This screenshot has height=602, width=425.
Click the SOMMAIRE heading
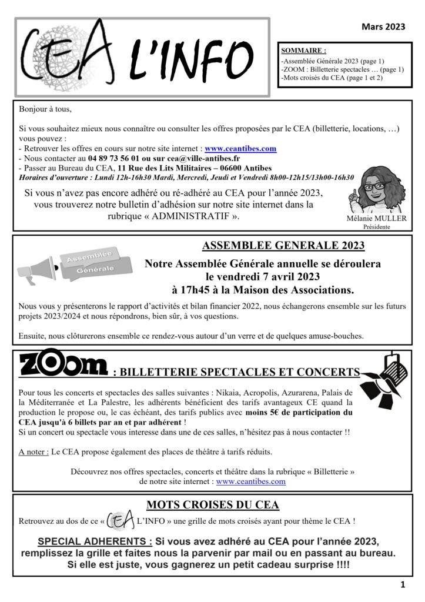(304, 51)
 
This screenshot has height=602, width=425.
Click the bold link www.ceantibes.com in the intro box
(240, 149)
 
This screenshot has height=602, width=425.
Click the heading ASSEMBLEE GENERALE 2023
(283, 246)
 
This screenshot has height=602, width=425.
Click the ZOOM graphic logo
(63, 366)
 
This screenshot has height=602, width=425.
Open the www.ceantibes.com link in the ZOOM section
(251, 481)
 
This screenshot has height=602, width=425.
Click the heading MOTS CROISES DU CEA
(213, 506)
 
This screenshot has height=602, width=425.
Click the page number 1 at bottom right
(403, 584)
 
